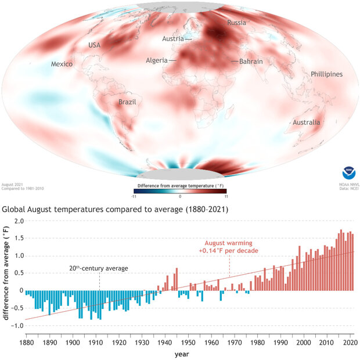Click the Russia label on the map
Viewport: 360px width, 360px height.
click(236, 23)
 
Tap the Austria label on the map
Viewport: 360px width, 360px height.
click(172, 39)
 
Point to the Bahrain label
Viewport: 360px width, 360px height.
click(251, 62)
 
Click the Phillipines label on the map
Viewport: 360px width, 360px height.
click(326, 74)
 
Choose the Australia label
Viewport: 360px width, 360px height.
click(306, 123)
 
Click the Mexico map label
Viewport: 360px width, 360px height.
click(62, 64)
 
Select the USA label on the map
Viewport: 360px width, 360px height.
click(95, 45)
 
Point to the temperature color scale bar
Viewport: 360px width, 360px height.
click(179, 190)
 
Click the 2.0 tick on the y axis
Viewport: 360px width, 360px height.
click(18, 221)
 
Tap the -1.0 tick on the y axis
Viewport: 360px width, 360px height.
click(17, 326)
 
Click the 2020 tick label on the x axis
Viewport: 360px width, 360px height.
click(349, 343)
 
